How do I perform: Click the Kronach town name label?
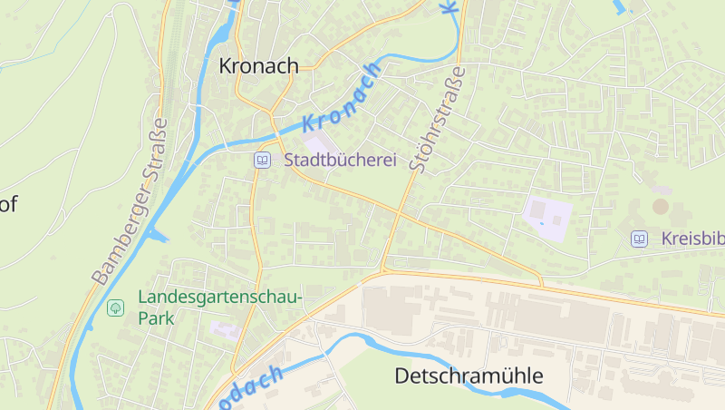pyautogui.click(x=258, y=66)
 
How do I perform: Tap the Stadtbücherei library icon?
pyautogui.click(x=262, y=160)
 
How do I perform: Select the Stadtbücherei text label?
pyautogui.click(x=341, y=160)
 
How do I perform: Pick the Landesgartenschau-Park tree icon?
pyautogui.click(x=115, y=307)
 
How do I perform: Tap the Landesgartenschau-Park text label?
pyautogui.click(x=219, y=307)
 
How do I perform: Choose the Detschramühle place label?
pyautogui.click(x=469, y=376)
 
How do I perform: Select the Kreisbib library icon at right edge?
pyautogui.click(x=640, y=239)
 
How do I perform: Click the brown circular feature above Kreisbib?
pyautogui.click(x=661, y=206)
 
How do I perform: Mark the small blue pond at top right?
pyautogui.click(x=620, y=7)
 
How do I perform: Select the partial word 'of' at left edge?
pyautogui.click(x=8, y=204)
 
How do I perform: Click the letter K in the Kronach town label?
pyautogui.click(x=227, y=66)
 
